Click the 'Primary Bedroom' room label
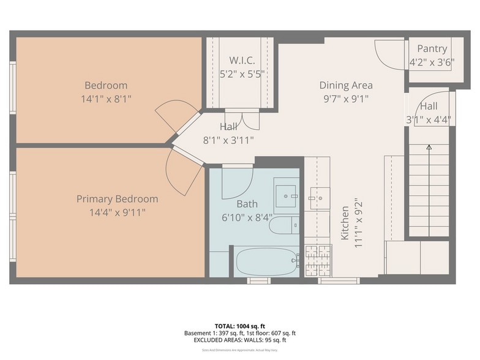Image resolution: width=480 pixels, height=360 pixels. (117, 199)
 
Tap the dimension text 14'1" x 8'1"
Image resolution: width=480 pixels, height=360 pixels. (106, 98)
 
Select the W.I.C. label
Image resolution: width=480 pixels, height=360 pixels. (242, 61)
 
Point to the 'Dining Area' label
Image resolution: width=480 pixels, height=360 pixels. (345, 85)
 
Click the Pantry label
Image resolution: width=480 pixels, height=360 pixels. (432, 49)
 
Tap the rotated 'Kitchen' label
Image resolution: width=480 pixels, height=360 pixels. (345, 223)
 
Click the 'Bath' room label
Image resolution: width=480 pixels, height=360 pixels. (247, 204)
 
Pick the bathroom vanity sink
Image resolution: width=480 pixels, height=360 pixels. (285, 195)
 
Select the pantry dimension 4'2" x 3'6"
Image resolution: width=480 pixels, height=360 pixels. (432, 62)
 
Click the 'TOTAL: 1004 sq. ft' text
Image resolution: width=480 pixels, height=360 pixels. (239, 326)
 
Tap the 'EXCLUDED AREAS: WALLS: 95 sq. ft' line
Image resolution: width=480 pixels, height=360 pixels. (239, 340)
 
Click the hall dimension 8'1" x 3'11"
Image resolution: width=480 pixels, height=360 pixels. (228, 140)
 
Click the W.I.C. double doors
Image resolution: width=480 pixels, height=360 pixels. (242, 120)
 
